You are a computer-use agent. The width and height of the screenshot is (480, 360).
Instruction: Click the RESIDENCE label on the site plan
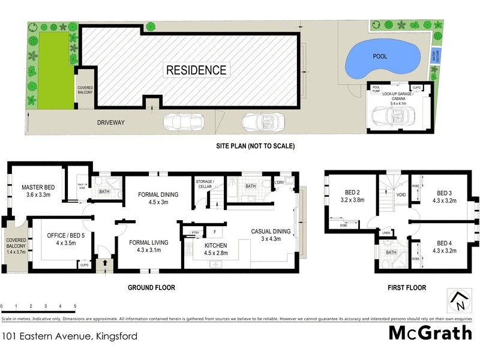click(x=196, y=70)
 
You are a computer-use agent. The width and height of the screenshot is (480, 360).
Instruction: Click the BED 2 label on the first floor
click(x=340, y=193)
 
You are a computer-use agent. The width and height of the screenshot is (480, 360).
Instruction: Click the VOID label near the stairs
click(x=401, y=194)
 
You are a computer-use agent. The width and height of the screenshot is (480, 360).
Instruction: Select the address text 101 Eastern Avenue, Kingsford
click(x=69, y=337)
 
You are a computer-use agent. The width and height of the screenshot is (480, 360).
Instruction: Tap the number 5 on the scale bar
click(x=75, y=306)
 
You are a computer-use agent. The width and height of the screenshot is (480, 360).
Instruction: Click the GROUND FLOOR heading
click(x=151, y=288)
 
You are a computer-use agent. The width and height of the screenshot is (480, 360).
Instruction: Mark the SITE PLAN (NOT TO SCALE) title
click(x=256, y=146)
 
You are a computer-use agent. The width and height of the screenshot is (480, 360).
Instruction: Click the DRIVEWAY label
click(x=110, y=123)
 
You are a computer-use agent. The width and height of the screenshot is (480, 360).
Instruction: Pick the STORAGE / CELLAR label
click(x=205, y=184)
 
